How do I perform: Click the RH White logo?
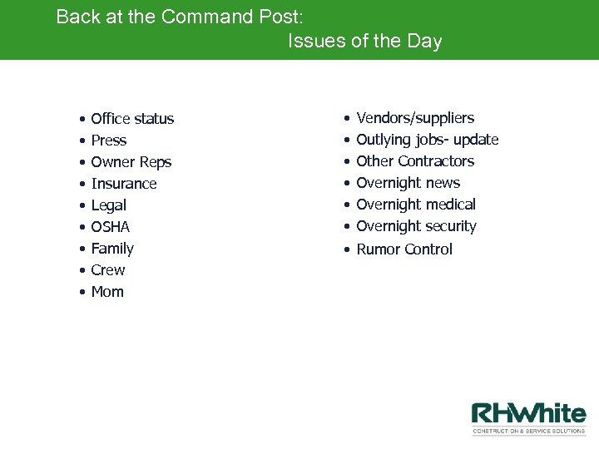[x=528, y=418]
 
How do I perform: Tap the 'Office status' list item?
[x=132, y=119]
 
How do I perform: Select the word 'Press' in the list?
[x=109, y=141]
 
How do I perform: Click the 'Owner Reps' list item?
[x=131, y=162]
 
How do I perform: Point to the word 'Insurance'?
[x=124, y=184]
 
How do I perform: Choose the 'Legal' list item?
[x=109, y=205]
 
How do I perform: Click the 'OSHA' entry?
[x=111, y=227]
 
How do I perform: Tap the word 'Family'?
[x=112, y=249]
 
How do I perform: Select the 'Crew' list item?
[x=108, y=270]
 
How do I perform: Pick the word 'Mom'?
[x=107, y=292]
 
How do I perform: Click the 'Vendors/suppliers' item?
[x=415, y=118]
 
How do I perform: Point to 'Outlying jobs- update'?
[x=427, y=140]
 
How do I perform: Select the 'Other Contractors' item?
[x=415, y=161]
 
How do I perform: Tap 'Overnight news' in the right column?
[x=408, y=183]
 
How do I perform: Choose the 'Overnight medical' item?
[x=416, y=205]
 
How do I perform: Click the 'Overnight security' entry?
[x=416, y=226]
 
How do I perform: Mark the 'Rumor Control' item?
[x=404, y=249]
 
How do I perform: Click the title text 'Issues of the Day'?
[x=364, y=41]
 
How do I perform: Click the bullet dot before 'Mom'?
[x=83, y=293]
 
